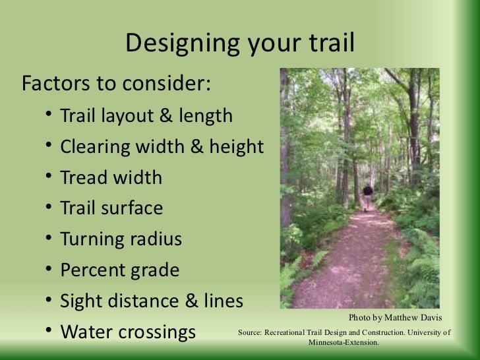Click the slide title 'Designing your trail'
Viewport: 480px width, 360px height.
click(x=240, y=44)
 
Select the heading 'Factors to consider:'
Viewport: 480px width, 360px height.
click(x=116, y=84)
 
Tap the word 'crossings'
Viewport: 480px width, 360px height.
click(x=158, y=332)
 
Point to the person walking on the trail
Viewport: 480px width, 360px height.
click(x=367, y=196)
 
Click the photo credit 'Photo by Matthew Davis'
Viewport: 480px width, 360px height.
click(x=396, y=317)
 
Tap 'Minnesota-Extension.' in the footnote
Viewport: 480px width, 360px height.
click(x=344, y=343)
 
